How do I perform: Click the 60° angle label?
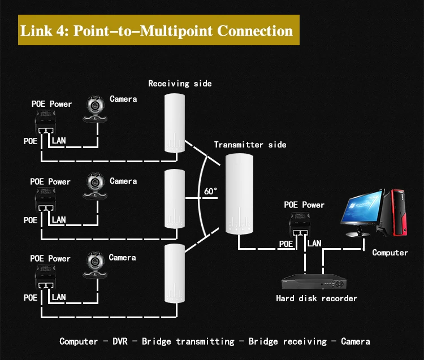coord(210,191)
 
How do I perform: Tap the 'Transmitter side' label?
coord(250,145)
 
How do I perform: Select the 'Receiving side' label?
coord(180,84)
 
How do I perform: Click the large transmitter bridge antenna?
coord(239,194)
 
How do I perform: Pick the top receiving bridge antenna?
coord(175,123)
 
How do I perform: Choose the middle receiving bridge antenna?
coord(175,198)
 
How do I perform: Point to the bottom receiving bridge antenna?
coord(175,273)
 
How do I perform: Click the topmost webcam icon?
coord(95,109)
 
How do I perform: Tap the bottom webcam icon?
coord(95,265)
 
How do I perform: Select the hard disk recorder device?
coord(314,281)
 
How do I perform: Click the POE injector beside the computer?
coord(300,224)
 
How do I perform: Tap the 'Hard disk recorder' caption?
coord(317,298)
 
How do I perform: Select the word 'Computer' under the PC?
coord(390,253)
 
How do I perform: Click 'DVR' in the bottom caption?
coord(120,341)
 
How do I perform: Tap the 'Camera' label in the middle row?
coord(123,181)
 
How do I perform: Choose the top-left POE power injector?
coord(45,122)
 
